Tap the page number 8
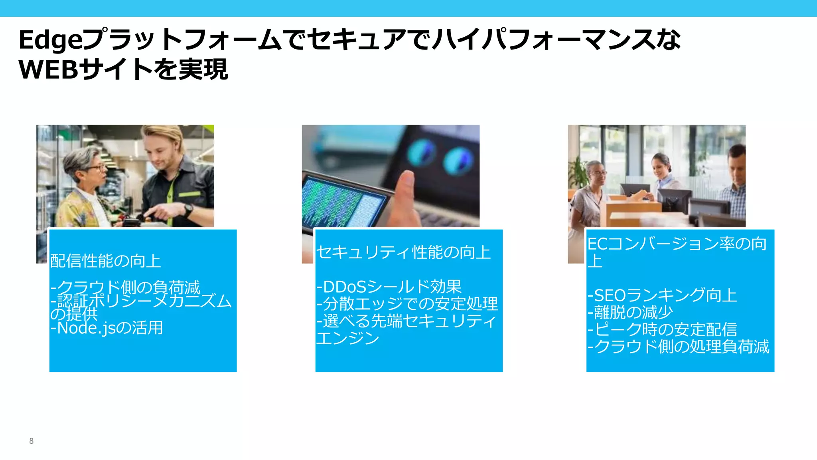31,441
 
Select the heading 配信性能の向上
105,261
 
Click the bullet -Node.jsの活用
107,328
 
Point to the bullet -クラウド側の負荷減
125,287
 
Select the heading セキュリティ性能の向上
403,252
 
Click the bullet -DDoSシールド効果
389,287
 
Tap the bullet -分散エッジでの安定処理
407,304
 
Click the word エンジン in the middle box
347,338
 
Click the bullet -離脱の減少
630,312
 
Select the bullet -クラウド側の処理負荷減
678,347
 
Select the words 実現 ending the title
203,69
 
